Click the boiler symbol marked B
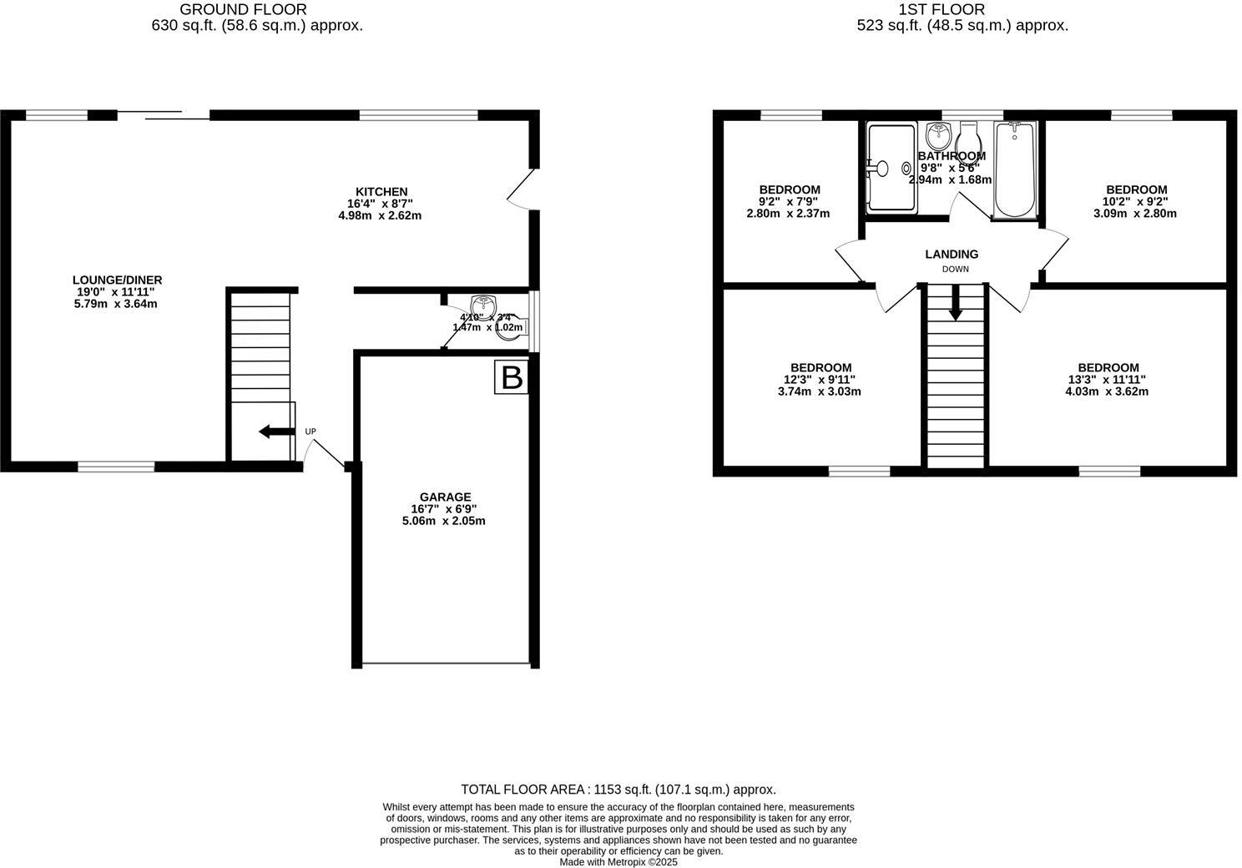511,378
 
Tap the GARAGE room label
446,497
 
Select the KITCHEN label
381,192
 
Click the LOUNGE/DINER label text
117,280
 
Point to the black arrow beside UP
275,431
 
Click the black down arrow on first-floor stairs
955,304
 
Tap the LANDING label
952,254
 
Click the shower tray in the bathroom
891,168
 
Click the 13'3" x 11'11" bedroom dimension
1107,380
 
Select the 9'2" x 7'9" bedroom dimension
788,201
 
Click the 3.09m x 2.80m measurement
1135,213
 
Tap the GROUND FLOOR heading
243,10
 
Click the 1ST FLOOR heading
942,10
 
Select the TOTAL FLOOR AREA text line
618,789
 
